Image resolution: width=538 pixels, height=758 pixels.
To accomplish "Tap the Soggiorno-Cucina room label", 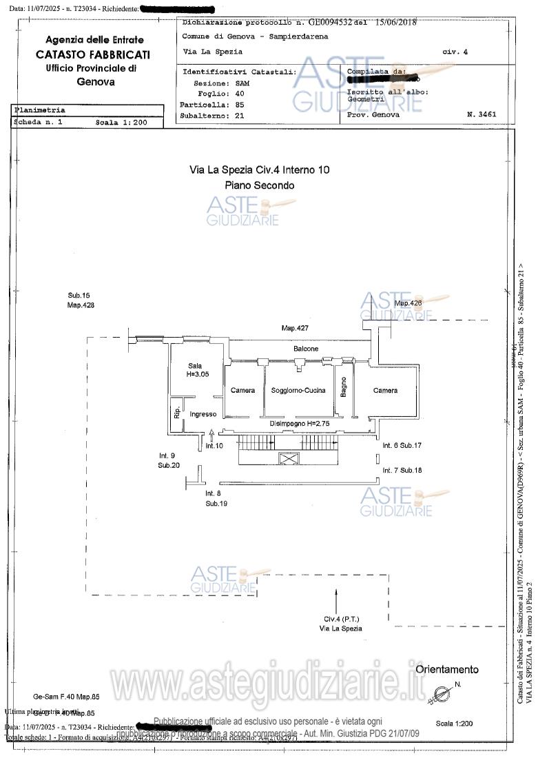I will tap(298, 391).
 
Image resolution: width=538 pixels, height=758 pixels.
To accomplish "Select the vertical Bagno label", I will tap(343, 387).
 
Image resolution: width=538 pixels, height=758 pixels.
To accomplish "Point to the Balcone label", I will tap(306, 349).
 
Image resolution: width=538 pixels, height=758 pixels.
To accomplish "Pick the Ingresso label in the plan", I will tap(203, 414).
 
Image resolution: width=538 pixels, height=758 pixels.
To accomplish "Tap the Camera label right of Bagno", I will tap(385, 391).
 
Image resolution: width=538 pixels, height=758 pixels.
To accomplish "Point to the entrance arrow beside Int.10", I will tap(211, 434).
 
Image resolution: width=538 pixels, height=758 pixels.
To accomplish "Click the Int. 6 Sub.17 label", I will tap(402, 446).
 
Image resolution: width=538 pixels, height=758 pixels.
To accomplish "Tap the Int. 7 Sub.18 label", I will tap(402, 470).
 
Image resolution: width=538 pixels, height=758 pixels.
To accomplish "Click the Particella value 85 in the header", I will tap(240, 105).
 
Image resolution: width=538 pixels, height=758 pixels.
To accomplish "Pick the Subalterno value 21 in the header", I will tap(240, 116).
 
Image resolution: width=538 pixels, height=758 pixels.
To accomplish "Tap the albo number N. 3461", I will tap(481, 114).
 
